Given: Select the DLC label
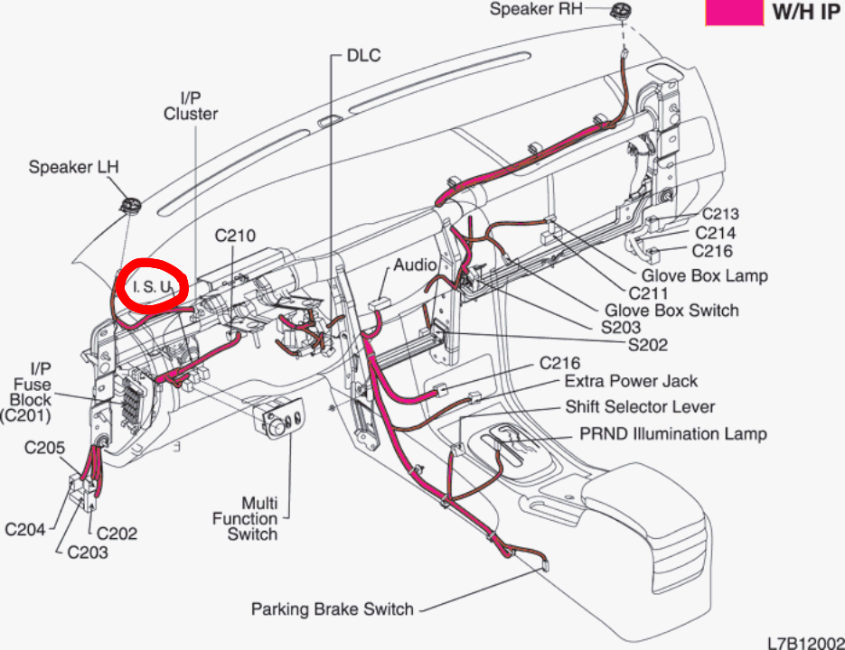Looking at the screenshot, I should [364, 56].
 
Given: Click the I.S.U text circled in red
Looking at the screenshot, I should [151, 286].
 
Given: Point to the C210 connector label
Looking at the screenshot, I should [235, 237].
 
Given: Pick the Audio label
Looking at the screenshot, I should [415, 265].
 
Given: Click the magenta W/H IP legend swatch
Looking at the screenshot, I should [733, 12].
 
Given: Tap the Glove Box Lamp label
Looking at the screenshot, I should [704, 275].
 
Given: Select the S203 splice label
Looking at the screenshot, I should [620, 327].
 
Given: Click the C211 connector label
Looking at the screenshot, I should [650, 293].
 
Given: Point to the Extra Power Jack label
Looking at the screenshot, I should [631, 381].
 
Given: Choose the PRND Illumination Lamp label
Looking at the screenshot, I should [672, 433].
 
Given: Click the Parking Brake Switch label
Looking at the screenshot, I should [332, 608].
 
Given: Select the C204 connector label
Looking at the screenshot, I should [25, 529].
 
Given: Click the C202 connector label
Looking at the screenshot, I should [117, 533].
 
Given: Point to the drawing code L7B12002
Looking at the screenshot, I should [804, 642].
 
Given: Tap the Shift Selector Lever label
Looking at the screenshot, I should [640, 407].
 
